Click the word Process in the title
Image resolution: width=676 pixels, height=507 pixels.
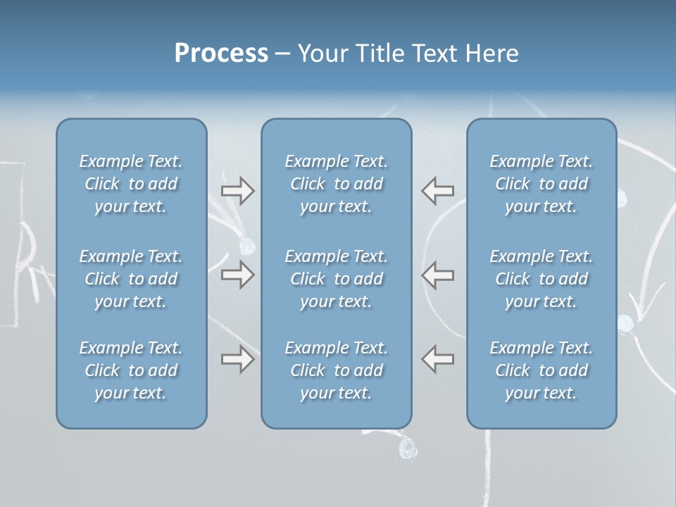click(221, 54)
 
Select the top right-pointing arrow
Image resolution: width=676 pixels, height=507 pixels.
click(237, 190)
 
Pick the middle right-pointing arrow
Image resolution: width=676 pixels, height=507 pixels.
click(237, 275)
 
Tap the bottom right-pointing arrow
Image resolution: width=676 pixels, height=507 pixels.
click(237, 359)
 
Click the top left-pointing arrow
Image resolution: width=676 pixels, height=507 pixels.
click(437, 190)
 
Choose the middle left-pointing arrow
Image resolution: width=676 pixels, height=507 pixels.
click(437, 275)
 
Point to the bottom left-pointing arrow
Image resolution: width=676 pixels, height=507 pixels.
click(437, 359)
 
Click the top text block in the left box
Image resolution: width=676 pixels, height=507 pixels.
click(131, 184)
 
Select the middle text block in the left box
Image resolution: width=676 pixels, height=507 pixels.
click(131, 279)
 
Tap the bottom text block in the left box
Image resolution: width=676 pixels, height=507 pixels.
click(131, 370)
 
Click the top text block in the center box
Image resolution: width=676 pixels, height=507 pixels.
click(337, 184)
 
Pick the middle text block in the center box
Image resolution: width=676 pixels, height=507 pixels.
click(337, 279)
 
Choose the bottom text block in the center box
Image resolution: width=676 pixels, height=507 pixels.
click(337, 370)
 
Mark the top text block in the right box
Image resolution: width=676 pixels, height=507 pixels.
click(542, 184)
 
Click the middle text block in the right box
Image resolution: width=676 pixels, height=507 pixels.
click(542, 279)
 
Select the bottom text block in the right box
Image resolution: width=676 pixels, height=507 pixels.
click(542, 370)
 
